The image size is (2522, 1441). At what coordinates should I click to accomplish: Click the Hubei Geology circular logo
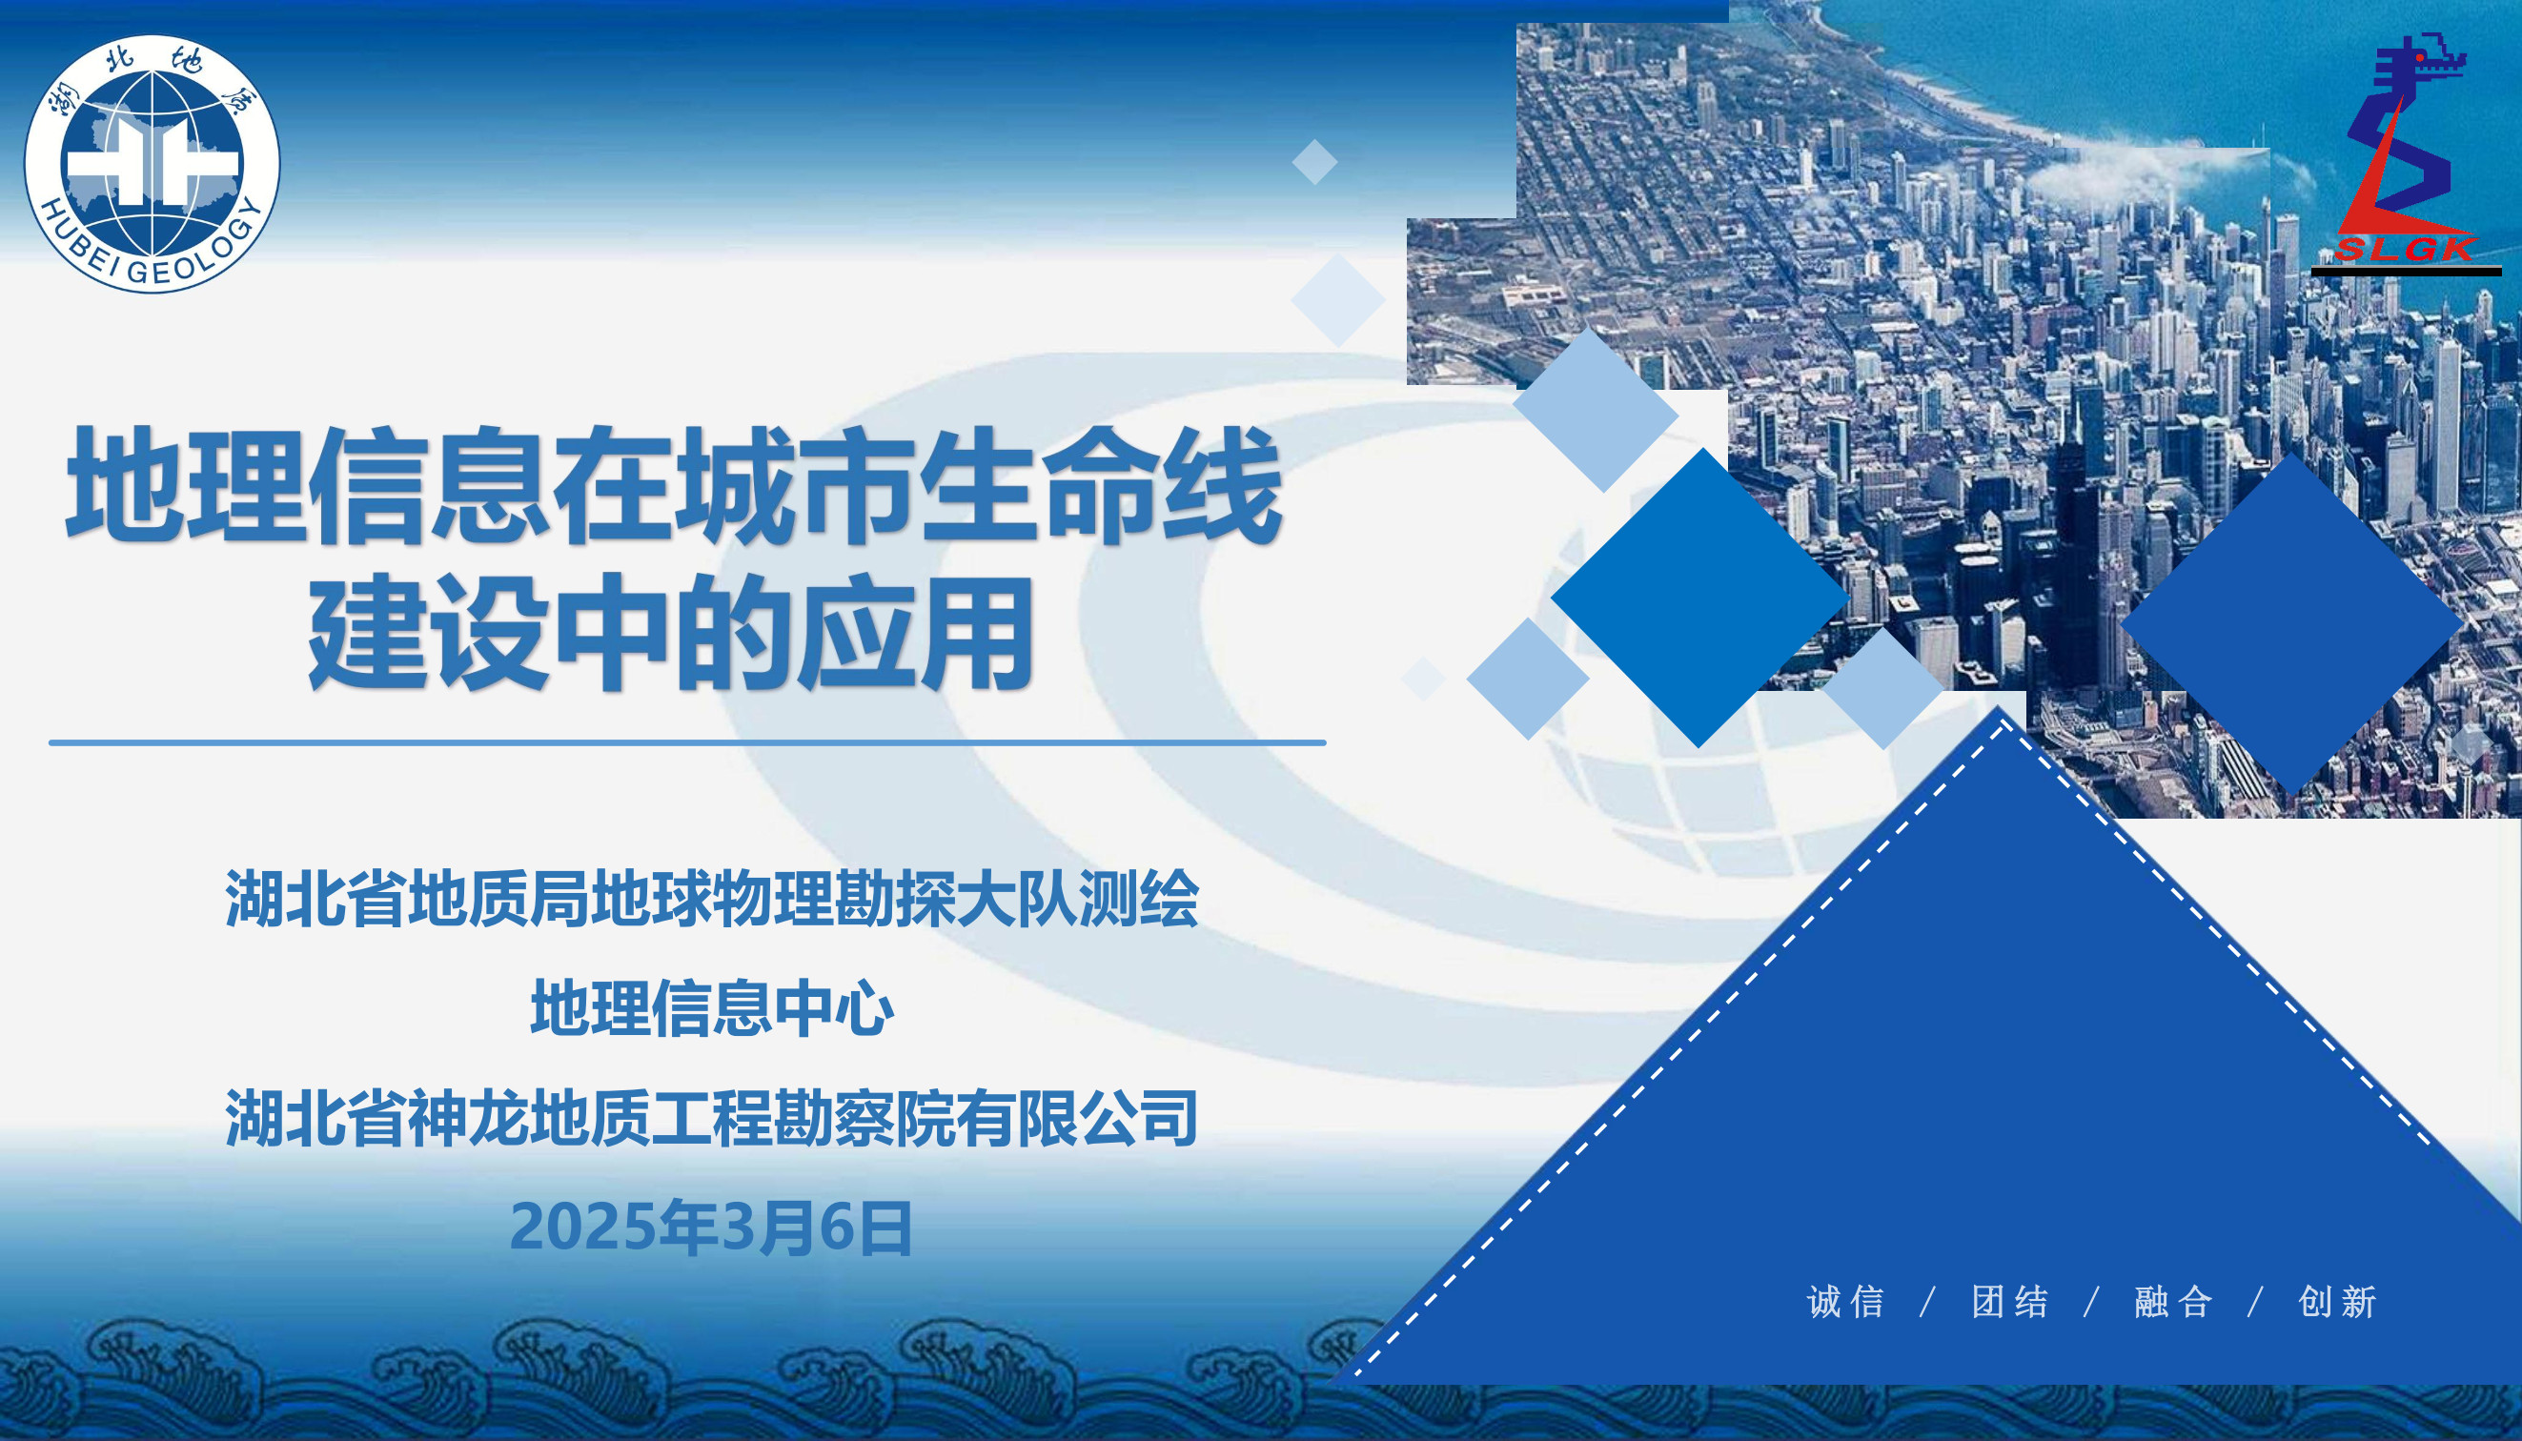(x=153, y=163)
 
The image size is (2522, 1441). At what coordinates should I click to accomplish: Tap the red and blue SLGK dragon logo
(x=2405, y=153)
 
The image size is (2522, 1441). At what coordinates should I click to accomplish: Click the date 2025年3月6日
(x=711, y=1228)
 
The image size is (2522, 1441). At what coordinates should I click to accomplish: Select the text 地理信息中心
(x=712, y=1007)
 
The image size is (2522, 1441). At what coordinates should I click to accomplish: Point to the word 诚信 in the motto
(x=1846, y=1302)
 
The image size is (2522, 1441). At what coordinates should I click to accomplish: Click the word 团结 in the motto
(x=2009, y=1302)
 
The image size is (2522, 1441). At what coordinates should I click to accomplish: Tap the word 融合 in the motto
(x=2173, y=1302)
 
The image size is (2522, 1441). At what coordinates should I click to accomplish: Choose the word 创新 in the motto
(x=2338, y=1302)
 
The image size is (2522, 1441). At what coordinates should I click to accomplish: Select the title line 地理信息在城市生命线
(x=674, y=485)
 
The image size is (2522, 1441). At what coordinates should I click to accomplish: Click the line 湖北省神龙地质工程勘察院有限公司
(x=712, y=1117)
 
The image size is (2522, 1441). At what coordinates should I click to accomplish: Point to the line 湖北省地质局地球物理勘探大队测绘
(x=712, y=899)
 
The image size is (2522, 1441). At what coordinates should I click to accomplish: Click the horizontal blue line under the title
(x=687, y=742)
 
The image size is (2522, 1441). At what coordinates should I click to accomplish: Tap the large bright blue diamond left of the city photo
(x=1699, y=598)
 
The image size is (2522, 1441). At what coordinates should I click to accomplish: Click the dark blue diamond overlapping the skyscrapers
(x=2292, y=623)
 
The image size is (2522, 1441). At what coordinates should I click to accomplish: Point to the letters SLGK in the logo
(x=2405, y=249)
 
